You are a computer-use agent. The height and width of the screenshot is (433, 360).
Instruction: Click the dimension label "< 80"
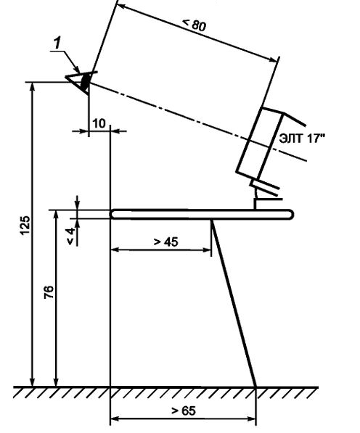click(x=194, y=25)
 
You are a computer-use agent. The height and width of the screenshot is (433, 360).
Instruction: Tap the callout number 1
click(x=57, y=44)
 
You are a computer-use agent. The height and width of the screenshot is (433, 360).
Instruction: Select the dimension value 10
click(x=99, y=123)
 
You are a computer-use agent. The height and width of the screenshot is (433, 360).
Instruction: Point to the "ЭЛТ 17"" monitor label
click(x=301, y=139)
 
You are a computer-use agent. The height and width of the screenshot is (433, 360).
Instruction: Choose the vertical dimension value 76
click(x=49, y=293)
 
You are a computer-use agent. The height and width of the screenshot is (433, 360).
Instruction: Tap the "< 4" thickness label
click(x=70, y=236)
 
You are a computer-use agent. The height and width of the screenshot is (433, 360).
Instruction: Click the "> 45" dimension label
click(x=165, y=242)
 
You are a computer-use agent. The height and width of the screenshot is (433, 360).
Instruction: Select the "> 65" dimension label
click(x=184, y=411)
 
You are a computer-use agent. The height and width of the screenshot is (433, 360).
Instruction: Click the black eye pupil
click(x=86, y=81)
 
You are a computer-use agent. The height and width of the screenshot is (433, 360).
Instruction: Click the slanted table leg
click(x=234, y=303)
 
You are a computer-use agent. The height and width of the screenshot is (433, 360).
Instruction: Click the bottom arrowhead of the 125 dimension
click(x=33, y=382)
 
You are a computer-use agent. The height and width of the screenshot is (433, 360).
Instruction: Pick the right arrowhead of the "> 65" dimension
click(x=251, y=418)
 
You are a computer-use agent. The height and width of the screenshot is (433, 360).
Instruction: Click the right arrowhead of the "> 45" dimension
click(x=207, y=250)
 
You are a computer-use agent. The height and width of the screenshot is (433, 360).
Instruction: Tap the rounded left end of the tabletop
click(x=113, y=214)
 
